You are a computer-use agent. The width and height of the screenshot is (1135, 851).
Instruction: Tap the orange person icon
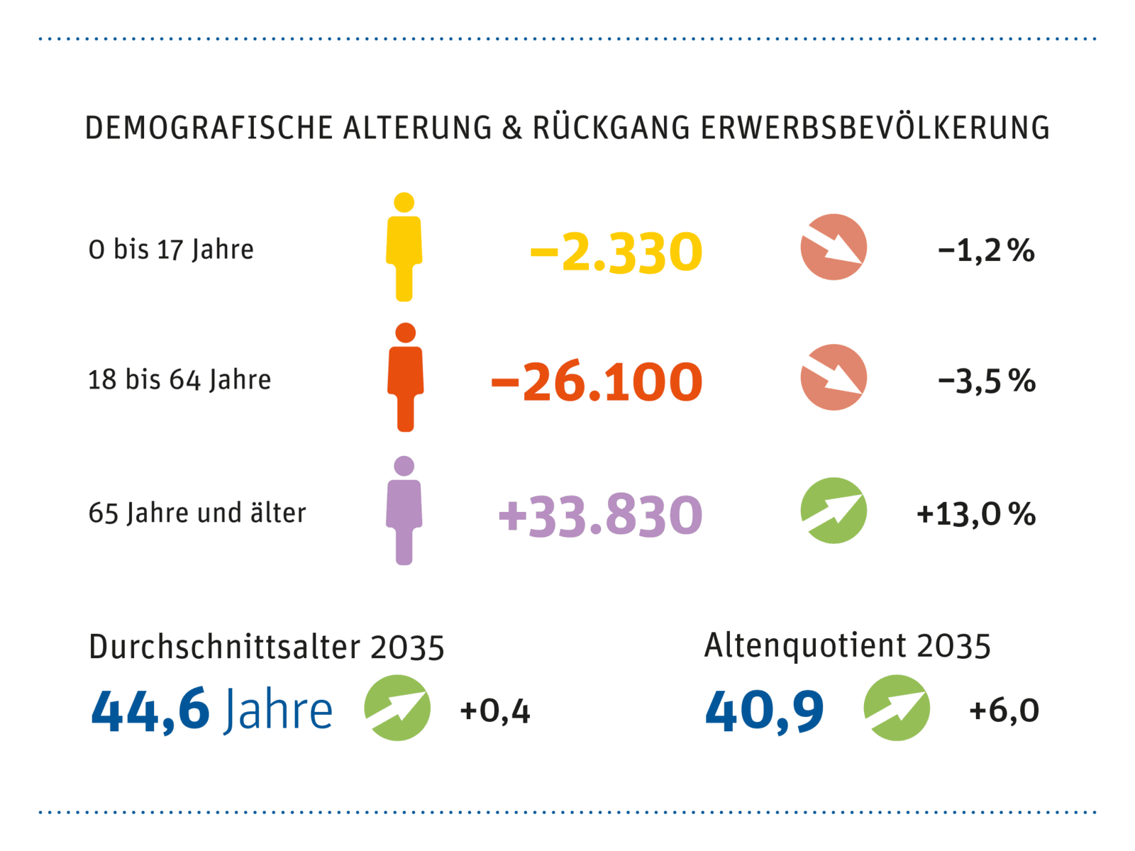click(405, 378)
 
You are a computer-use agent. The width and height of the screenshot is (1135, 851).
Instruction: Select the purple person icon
click(404, 511)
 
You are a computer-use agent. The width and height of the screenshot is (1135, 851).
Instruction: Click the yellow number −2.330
click(616, 252)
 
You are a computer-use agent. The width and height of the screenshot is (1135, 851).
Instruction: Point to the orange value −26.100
click(597, 382)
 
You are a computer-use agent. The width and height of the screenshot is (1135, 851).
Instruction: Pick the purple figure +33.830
click(600, 516)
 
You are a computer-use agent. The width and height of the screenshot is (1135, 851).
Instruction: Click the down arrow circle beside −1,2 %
click(834, 247)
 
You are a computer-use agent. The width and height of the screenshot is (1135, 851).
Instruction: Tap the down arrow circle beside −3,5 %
click(834, 377)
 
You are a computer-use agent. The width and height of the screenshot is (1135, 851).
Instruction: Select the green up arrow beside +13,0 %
click(834, 511)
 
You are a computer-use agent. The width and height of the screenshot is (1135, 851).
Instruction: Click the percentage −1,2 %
click(986, 250)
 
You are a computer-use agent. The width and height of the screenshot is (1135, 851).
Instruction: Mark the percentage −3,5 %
click(986, 381)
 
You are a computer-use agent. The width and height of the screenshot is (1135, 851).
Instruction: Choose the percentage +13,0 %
click(976, 514)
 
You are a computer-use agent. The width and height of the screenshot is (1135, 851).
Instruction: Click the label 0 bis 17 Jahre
click(171, 250)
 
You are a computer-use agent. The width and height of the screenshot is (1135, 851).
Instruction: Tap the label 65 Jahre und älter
click(197, 513)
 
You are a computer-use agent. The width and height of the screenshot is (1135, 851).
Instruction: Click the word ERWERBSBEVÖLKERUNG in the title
click(875, 128)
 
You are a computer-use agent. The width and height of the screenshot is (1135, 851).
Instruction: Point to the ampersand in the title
click(511, 128)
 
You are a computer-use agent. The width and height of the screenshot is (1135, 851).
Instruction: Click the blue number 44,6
click(150, 710)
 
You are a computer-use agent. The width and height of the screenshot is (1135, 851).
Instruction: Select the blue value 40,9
click(765, 711)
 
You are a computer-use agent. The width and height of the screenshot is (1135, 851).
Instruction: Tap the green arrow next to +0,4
click(397, 708)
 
